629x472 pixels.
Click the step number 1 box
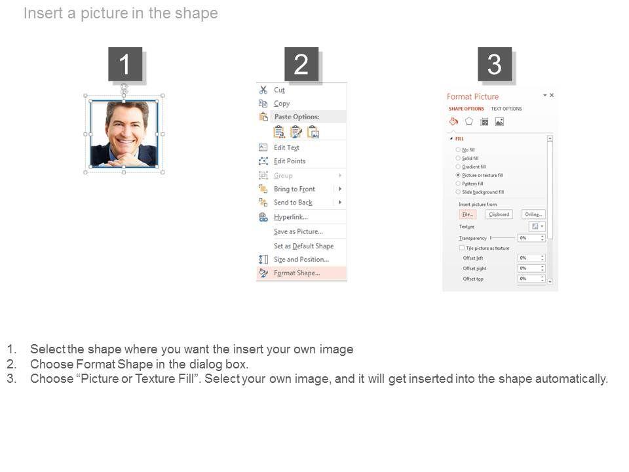tap(124, 64)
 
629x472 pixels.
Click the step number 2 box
tap(301, 64)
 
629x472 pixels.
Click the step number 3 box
tap(494, 64)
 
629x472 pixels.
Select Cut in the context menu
tap(279, 90)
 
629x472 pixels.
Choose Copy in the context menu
tap(282, 104)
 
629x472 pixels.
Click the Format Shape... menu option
tap(297, 273)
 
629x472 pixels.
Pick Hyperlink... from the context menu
tap(290, 217)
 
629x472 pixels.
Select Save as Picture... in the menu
tap(298, 231)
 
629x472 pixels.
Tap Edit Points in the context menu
tap(290, 161)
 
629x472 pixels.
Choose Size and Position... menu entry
tap(301, 260)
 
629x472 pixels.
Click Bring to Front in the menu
tap(294, 189)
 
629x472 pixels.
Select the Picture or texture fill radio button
tap(458, 176)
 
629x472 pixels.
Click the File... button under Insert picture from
tap(467, 214)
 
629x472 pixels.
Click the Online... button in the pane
tap(533, 214)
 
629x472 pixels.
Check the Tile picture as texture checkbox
tap(462, 248)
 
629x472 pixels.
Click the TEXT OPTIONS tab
tap(506, 109)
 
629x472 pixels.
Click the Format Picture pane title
tap(472, 97)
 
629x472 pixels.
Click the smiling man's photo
tap(124, 134)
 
